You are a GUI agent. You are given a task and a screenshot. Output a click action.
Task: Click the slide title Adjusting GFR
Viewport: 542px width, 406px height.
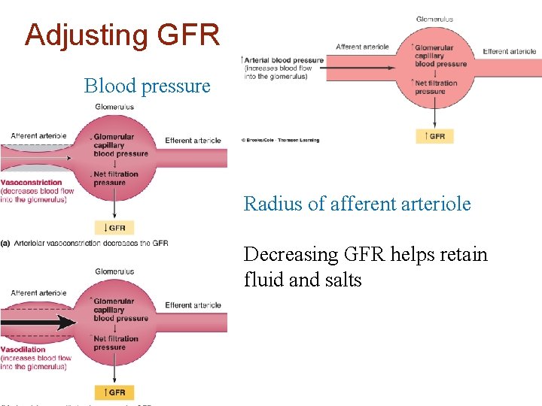pyautogui.click(x=122, y=35)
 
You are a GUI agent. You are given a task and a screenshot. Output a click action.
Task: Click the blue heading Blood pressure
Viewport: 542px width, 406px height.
pyautogui.click(x=147, y=86)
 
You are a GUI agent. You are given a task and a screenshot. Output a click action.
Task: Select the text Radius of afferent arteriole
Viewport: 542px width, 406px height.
pyautogui.click(x=357, y=204)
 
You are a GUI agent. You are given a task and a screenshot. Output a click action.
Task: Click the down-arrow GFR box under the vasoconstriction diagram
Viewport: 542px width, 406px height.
pyautogui.click(x=114, y=228)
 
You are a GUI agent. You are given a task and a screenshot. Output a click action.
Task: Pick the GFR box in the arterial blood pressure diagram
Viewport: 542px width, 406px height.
pyautogui.click(x=434, y=136)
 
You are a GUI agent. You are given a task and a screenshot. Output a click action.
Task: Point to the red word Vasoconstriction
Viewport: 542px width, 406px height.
pyautogui.click(x=32, y=183)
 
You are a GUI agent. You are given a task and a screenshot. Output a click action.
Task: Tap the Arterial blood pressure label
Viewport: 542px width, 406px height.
pyautogui.click(x=283, y=60)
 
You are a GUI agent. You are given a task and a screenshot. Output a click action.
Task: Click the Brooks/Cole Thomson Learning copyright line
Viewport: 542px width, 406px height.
pyautogui.click(x=281, y=140)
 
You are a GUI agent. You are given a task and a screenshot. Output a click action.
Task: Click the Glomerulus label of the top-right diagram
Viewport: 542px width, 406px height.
pyautogui.click(x=434, y=19)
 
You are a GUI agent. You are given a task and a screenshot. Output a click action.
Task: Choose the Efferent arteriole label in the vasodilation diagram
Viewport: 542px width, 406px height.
pyautogui.click(x=193, y=305)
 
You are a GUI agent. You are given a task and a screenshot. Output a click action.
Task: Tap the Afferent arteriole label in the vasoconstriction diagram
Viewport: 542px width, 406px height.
pyautogui.click(x=38, y=136)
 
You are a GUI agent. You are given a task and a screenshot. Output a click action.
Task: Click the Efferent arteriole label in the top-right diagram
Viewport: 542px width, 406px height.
pyautogui.click(x=510, y=51)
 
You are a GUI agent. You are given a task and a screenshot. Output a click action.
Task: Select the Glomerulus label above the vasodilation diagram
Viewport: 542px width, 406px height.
pyautogui.click(x=114, y=271)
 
